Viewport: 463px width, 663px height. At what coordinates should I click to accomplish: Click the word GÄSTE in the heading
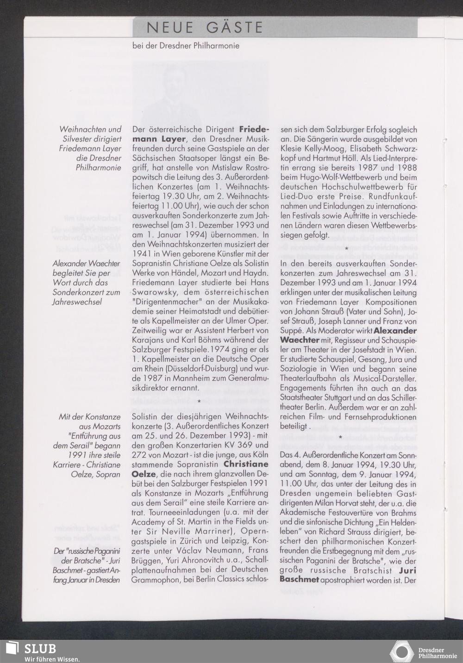[x=235, y=28]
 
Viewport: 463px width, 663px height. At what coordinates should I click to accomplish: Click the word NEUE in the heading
[x=170, y=28]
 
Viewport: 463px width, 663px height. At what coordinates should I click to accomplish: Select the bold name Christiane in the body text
[x=245, y=464]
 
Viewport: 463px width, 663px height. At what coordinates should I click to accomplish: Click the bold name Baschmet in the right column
[x=299, y=580]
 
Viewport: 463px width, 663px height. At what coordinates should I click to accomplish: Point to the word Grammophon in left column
[x=155, y=580]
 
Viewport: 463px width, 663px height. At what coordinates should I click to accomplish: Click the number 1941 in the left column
[x=143, y=254]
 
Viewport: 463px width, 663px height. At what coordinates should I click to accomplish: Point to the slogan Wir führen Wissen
[x=52, y=659]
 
